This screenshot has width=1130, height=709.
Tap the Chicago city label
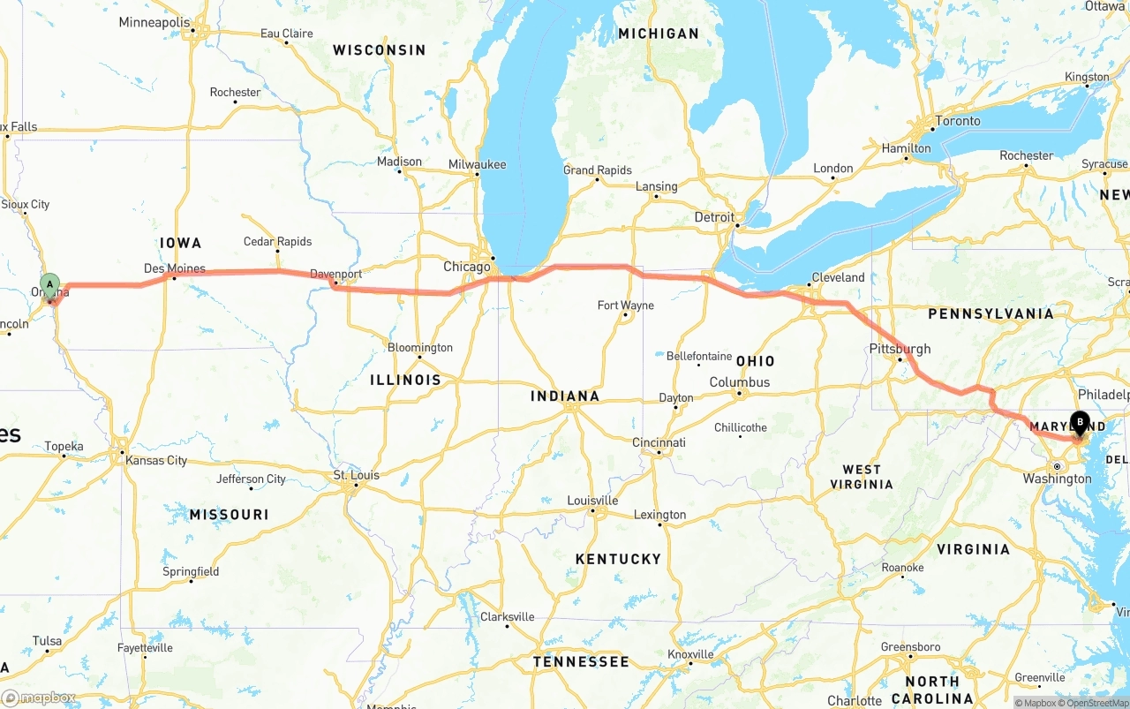click(467, 267)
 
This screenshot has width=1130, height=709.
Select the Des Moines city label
click(175, 268)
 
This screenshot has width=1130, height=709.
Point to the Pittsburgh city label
click(900, 349)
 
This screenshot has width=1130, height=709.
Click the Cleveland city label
click(838, 277)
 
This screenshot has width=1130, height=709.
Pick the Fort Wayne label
click(626, 305)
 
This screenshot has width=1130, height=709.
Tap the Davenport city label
click(336, 275)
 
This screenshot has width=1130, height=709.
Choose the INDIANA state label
click(565, 396)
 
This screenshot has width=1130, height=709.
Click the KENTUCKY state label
click(618, 559)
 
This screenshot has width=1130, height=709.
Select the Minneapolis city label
click(154, 22)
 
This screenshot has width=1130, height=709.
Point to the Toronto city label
click(958, 121)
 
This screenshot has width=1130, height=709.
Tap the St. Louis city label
click(357, 475)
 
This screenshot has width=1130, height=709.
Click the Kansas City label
click(157, 460)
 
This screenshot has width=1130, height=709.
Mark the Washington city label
click(1058, 479)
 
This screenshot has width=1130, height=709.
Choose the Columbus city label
click(740, 382)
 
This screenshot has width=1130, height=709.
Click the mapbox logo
click(39, 698)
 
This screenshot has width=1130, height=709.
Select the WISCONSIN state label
click(379, 50)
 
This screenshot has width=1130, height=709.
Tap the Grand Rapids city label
click(598, 170)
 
